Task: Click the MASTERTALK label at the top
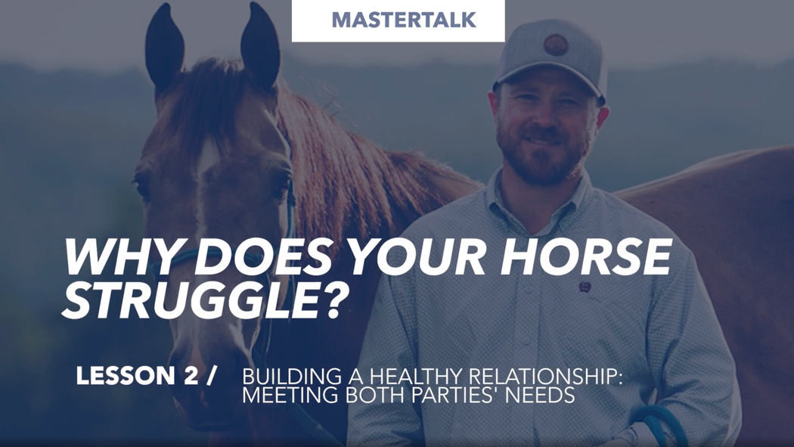tap(404, 20)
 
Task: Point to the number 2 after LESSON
tap(190, 376)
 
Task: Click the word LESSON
tap(126, 376)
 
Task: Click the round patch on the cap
tap(556, 45)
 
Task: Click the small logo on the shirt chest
tap(585, 287)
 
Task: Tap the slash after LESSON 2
tap(211, 376)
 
